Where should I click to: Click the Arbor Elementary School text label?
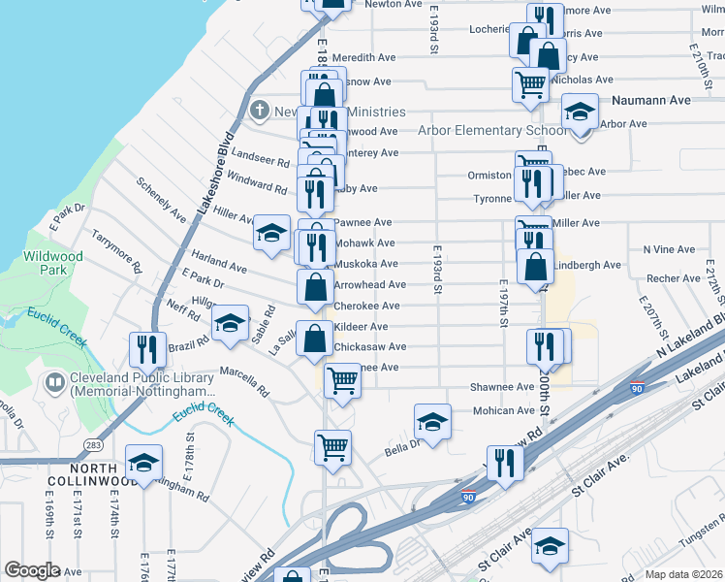pos(492,131)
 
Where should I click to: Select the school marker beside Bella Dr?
pos(433,420)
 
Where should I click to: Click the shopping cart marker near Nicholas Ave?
pos(530,83)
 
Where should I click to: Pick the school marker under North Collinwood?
pos(143,464)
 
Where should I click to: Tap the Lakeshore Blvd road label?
pos(216,171)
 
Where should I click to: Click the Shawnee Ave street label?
pos(502,387)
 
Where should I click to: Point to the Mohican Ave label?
pos(504,411)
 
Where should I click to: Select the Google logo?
pos(32,570)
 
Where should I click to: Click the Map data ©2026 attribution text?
pos(682,574)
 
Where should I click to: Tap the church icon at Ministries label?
pos(259,111)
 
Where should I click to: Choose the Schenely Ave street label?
pos(161,199)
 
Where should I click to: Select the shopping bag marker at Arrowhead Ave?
pos(315,286)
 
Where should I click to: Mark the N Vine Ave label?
pos(670,249)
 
